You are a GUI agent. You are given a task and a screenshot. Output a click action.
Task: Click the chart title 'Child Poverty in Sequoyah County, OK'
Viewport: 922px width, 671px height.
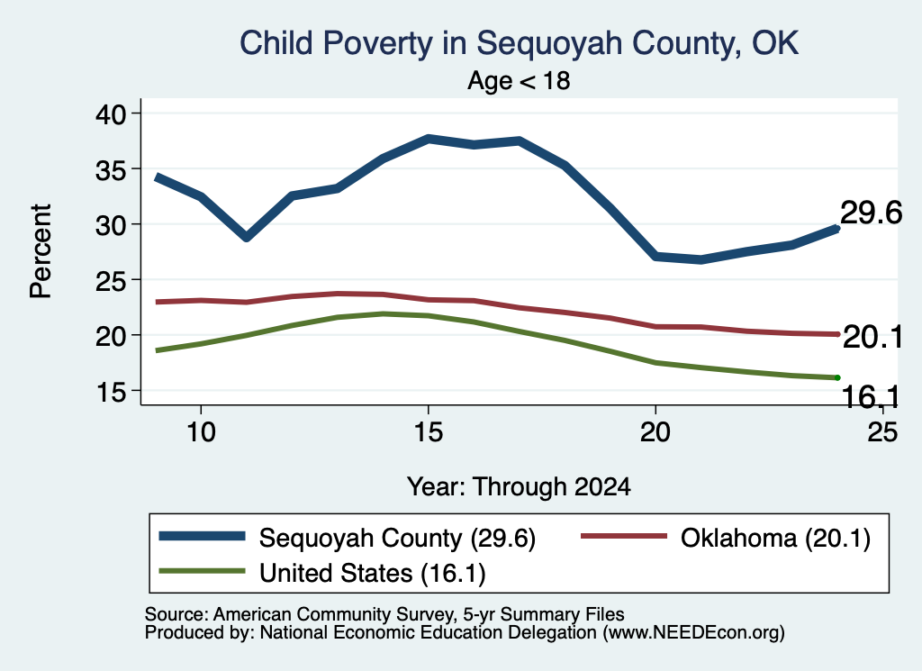(x=519, y=43)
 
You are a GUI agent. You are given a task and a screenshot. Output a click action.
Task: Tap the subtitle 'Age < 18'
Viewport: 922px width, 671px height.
(x=519, y=80)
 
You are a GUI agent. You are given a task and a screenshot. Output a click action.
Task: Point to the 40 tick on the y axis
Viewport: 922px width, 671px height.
(x=111, y=113)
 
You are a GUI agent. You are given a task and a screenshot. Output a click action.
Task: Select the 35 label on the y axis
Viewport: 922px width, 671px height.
(x=111, y=169)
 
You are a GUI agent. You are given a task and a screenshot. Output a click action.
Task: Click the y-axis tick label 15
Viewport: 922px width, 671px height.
(x=111, y=391)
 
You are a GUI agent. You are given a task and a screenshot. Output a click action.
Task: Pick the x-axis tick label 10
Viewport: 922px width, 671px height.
(x=201, y=432)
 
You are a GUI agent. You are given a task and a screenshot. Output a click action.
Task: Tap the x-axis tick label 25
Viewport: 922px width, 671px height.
(x=882, y=432)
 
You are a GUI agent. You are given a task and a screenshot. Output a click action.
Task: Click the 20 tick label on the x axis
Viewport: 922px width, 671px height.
(x=655, y=432)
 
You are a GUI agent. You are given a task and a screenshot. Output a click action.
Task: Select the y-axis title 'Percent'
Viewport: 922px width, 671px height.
(x=41, y=251)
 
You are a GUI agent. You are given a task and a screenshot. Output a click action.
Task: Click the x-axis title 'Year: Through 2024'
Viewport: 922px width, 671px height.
(x=519, y=487)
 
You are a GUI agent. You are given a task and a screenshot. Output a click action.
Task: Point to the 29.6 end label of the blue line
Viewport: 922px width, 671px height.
(x=871, y=213)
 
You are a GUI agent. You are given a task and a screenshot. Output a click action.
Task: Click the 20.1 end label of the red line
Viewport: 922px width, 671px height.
(x=872, y=338)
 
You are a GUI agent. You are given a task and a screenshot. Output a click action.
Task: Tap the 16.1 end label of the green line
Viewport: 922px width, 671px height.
(x=871, y=397)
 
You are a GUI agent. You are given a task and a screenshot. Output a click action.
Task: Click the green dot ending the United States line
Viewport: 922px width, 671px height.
(x=836, y=377)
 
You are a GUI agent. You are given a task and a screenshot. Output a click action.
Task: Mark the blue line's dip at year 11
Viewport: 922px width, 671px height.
(x=247, y=236)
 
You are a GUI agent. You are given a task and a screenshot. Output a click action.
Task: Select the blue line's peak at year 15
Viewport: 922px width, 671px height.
(x=429, y=139)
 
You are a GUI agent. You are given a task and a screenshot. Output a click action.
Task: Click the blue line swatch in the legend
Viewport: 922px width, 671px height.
(x=202, y=536)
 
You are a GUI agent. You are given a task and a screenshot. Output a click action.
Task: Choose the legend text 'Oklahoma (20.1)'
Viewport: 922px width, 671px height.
(x=775, y=538)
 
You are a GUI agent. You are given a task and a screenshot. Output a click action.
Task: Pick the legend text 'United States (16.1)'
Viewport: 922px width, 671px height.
(x=372, y=573)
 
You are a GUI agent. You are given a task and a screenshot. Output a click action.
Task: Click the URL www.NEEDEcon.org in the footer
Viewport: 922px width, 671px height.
(x=693, y=633)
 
